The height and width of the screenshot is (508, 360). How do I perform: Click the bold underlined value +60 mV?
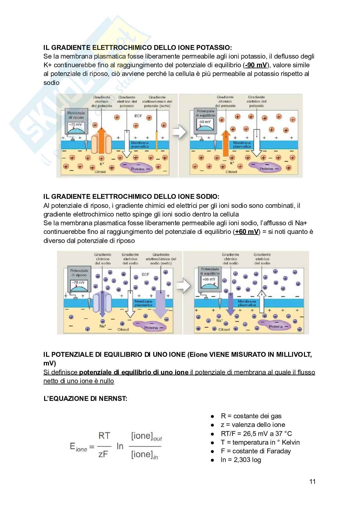tap(247, 232)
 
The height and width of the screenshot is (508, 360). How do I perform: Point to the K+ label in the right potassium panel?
tap(232, 163)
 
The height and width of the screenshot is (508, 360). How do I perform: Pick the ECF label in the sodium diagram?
tap(145, 275)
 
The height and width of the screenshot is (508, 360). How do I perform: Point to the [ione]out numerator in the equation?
tap(147, 437)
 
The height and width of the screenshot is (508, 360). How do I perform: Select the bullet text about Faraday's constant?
tap(256, 451)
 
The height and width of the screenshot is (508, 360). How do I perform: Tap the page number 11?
tap(312, 482)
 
